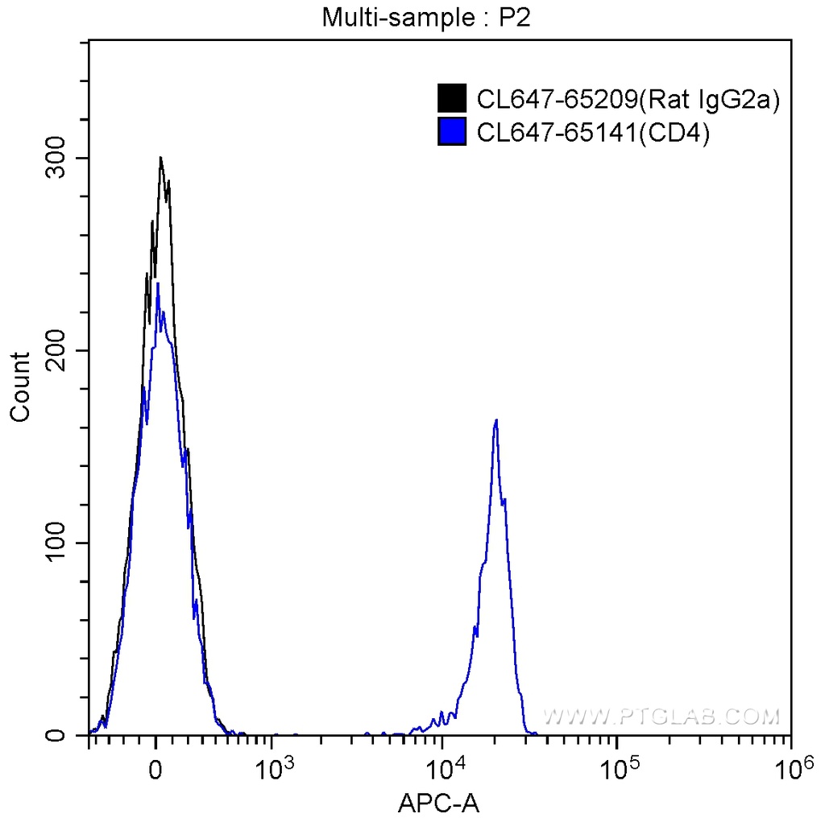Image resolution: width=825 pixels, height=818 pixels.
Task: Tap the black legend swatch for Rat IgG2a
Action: (x=452, y=99)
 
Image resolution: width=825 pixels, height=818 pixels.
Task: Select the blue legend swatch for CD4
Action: (x=452, y=131)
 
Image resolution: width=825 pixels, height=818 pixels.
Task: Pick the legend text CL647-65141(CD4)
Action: (x=593, y=132)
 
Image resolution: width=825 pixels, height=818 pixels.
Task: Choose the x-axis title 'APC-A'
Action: (x=439, y=802)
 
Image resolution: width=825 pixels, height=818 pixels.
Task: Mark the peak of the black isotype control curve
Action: (x=161, y=158)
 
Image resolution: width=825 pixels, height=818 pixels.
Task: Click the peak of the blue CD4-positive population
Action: (x=496, y=420)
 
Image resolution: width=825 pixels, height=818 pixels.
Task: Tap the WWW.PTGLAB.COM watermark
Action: (x=661, y=716)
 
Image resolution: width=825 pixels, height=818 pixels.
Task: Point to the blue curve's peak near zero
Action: (x=158, y=283)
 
